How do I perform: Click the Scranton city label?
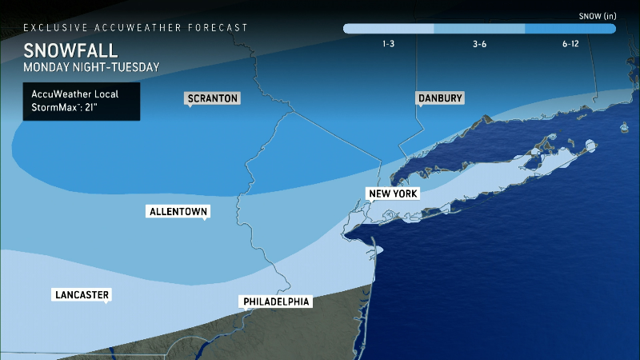pyautogui.click(x=213, y=98)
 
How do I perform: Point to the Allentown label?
pyautogui.click(x=178, y=212)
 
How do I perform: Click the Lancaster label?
pyautogui.click(x=80, y=294)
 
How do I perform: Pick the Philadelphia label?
pyautogui.click(x=274, y=302)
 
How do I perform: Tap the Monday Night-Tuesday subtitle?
pyautogui.click(x=90, y=67)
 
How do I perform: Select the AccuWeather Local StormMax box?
pyautogui.click(x=81, y=102)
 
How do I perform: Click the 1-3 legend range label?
pyautogui.click(x=388, y=44)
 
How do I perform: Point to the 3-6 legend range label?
pyautogui.click(x=479, y=44)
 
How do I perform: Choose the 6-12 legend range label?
pyautogui.click(x=570, y=44)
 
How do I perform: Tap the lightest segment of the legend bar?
pyautogui.click(x=388, y=29)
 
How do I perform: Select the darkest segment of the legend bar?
pyautogui.click(x=570, y=29)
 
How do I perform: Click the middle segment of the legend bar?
pyautogui.click(x=479, y=29)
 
